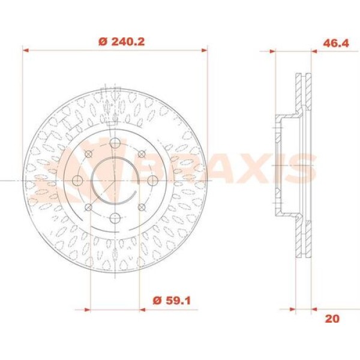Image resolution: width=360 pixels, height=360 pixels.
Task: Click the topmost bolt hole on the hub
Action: click(115, 143)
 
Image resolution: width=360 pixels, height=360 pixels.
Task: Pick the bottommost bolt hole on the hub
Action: click(115, 217)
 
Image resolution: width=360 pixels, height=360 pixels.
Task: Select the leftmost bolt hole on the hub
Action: click(77, 180)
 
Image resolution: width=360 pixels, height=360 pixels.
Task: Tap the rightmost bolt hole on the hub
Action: click(152, 180)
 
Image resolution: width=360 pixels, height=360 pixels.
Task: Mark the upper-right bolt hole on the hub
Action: click(141, 154)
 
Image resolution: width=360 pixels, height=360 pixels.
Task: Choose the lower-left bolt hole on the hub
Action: click(88, 206)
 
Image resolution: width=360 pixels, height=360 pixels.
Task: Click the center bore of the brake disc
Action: click(115, 180)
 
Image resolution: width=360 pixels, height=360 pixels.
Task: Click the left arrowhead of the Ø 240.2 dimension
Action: click(26, 51)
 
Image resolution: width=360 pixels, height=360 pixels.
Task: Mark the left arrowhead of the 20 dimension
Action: click(293, 310)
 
